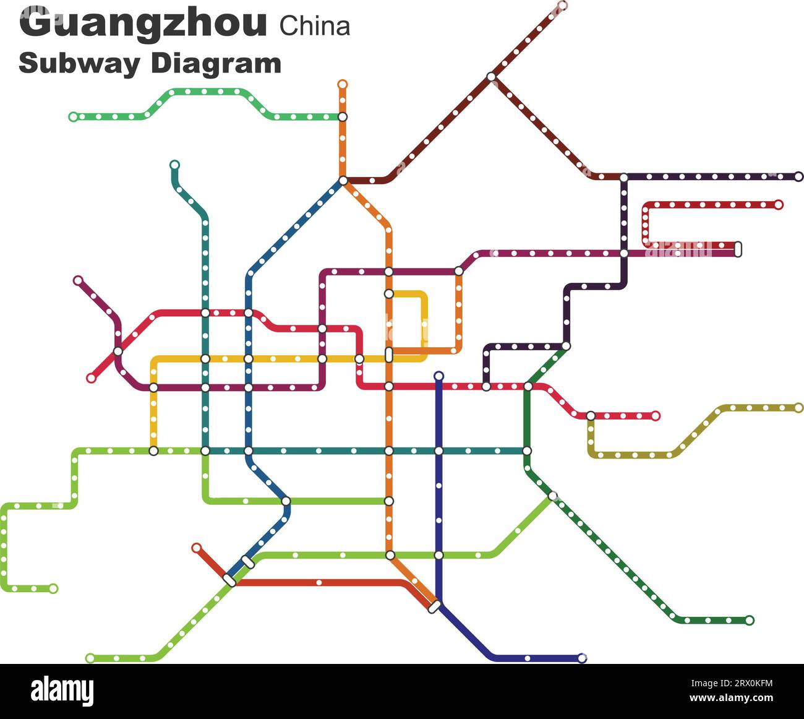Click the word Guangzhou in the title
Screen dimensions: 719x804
point(143,24)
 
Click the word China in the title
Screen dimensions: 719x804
point(315,26)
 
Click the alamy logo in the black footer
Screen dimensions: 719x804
point(62,691)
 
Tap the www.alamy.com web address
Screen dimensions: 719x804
point(732,698)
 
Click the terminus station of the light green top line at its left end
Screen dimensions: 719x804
point(74,116)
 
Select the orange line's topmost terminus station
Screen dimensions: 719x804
point(343,84)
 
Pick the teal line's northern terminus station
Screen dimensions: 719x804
point(174,165)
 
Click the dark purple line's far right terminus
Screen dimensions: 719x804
point(798,176)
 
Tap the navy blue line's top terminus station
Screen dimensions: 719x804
point(439,376)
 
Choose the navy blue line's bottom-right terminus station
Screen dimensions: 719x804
point(581,658)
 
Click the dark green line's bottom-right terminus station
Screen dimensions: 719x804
point(750,620)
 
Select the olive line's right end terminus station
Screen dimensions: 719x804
point(798,408)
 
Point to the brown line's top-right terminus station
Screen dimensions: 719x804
point(562,6)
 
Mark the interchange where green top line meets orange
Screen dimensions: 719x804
point(343,116)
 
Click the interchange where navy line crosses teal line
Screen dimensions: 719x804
point(439,451)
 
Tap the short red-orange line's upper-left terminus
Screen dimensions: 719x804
point(196,548)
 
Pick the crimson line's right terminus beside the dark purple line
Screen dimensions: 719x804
point(779,204)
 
